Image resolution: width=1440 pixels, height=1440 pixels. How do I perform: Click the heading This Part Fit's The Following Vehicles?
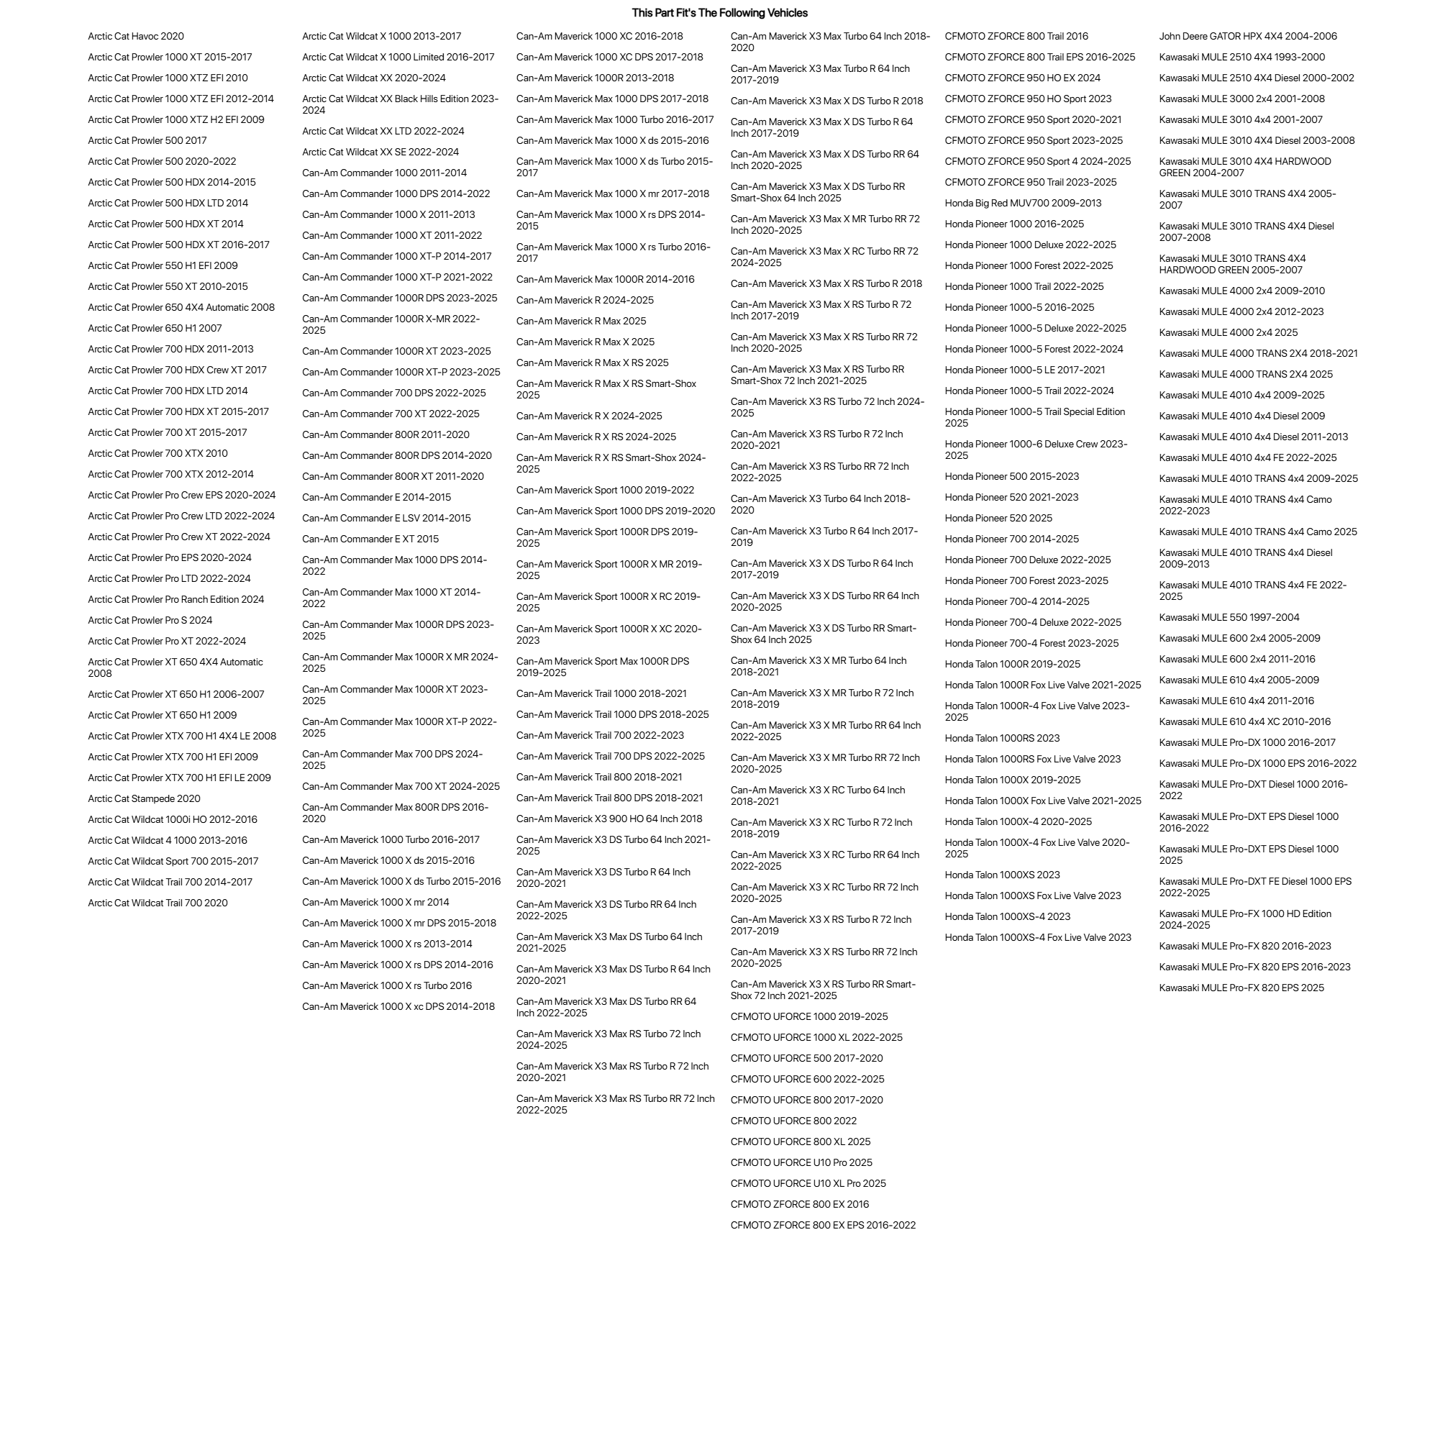(719, 13)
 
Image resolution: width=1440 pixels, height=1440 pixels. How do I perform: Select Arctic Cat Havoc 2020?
(136, 37)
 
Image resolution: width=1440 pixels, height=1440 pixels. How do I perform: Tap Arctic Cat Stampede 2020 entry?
(144, 799)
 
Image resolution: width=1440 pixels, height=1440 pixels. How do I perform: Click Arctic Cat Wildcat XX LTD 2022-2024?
(383, 132)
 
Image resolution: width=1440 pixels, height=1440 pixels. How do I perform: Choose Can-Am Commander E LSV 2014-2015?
(386, 519)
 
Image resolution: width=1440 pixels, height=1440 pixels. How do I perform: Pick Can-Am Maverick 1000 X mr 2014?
(375, 903)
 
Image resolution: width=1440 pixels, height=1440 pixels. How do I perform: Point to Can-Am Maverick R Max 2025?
(581, 322)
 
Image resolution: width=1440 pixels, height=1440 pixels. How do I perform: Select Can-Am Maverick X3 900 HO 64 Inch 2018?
(609, 819)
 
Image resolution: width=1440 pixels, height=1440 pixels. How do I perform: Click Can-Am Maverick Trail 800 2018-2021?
(599, 778)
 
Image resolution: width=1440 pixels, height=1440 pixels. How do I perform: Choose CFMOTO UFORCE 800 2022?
(794, 1121)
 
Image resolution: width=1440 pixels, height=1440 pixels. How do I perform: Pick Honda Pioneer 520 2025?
(999, 519)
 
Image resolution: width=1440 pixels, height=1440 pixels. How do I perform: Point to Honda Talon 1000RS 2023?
(1003, 739)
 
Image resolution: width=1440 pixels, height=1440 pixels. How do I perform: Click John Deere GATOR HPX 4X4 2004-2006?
(1248, 37)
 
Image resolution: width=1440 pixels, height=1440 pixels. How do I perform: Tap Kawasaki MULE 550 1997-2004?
(1229, 618)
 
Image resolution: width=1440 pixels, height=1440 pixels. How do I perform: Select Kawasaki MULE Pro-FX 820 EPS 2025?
(1241, 988)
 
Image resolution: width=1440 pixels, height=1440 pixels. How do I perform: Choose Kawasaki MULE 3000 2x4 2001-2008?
(1241, 99)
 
